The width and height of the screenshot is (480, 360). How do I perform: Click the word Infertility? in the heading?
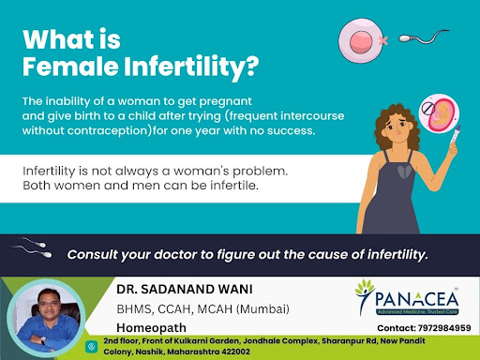tap(191, 67)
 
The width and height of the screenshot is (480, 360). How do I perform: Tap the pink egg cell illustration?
tap(361, 40)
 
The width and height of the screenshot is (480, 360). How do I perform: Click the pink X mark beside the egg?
tap(383, 40)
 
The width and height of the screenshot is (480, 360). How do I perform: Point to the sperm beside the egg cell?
tap(424, 37)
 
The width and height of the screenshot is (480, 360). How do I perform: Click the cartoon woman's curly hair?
tap(397, 125)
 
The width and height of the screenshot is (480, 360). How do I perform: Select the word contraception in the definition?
tap(108, 130)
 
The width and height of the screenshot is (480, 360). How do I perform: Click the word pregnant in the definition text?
tap(225, 101)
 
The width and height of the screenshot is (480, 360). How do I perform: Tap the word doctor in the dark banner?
tap(174, 254)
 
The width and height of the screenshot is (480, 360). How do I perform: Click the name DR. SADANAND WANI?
tap(185, 289)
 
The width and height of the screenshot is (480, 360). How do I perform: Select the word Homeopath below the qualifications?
tap(151, 328)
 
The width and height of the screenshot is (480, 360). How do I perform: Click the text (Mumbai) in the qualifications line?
tap(262, 309)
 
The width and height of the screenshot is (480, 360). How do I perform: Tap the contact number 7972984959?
tap(444, 328)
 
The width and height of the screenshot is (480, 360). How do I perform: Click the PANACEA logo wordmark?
tap(416, 299)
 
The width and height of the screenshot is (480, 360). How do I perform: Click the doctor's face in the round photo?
tap(49, 303)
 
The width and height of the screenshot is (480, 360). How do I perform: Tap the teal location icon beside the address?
tap(91, 347)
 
